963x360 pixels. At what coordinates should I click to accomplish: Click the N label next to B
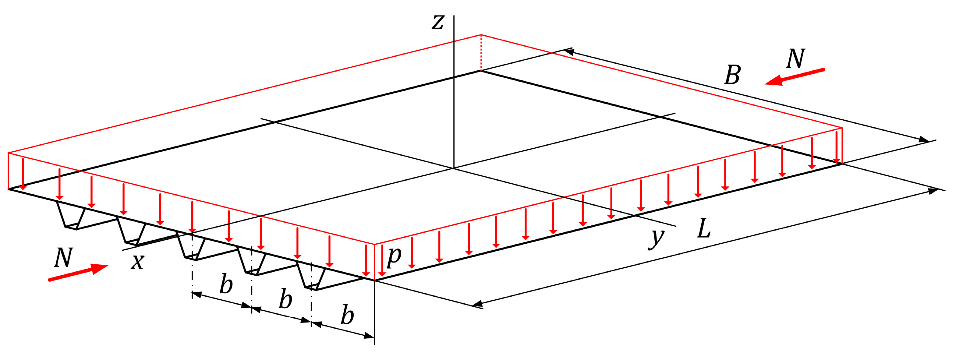click(795, 59)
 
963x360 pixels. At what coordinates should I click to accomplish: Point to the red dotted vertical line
click(481, 53)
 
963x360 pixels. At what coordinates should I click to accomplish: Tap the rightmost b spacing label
click(347, 315)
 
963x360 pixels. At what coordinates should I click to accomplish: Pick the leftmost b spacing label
click(226, 284)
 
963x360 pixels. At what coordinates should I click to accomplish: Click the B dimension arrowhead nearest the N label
click(568, 51)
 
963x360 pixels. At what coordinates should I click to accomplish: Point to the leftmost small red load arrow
click(23, 175)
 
